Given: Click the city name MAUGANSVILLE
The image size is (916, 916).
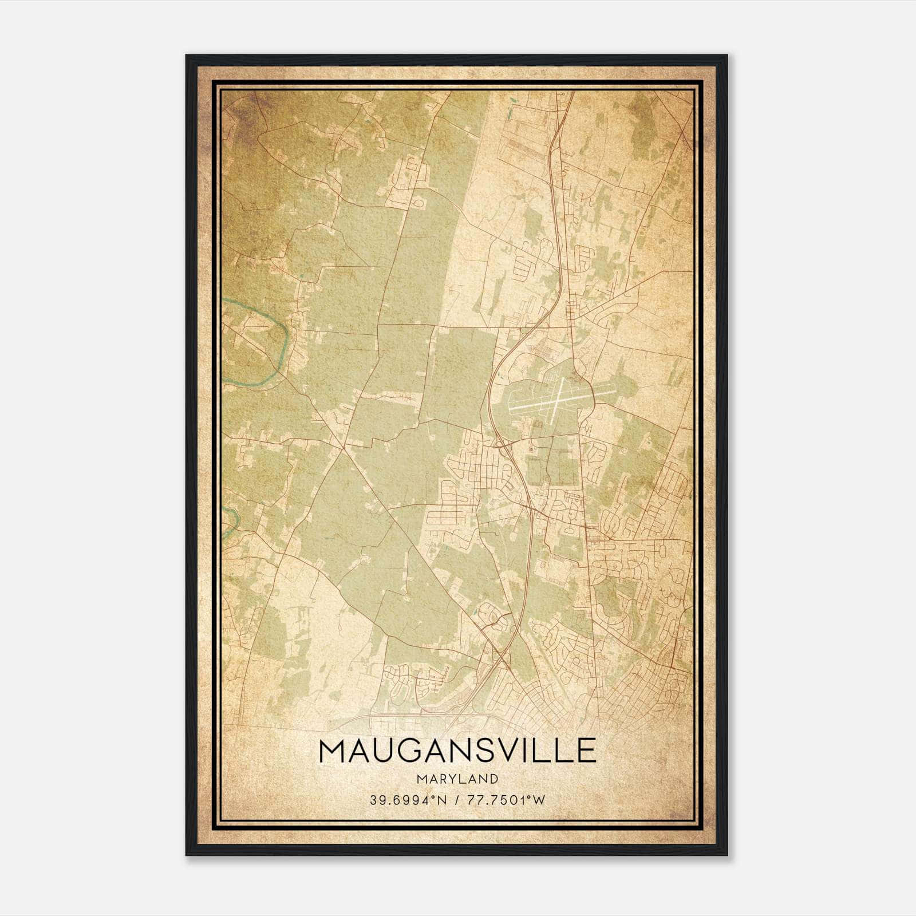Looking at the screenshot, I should click(457, 751).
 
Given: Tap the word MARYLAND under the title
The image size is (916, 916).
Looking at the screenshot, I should click(457, 779).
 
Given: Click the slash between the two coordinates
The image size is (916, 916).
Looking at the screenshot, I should click(456, 800).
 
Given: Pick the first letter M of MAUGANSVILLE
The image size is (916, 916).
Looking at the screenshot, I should click(332, 751).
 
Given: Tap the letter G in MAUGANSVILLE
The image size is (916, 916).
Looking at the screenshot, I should click(417, 751).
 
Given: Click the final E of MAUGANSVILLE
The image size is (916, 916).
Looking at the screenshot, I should click(587, 751).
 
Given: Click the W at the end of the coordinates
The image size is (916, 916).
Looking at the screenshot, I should click(539, 800).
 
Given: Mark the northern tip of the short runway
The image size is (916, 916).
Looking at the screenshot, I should click(563, 378).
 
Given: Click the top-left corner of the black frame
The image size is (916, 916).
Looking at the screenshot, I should click(187, 56).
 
